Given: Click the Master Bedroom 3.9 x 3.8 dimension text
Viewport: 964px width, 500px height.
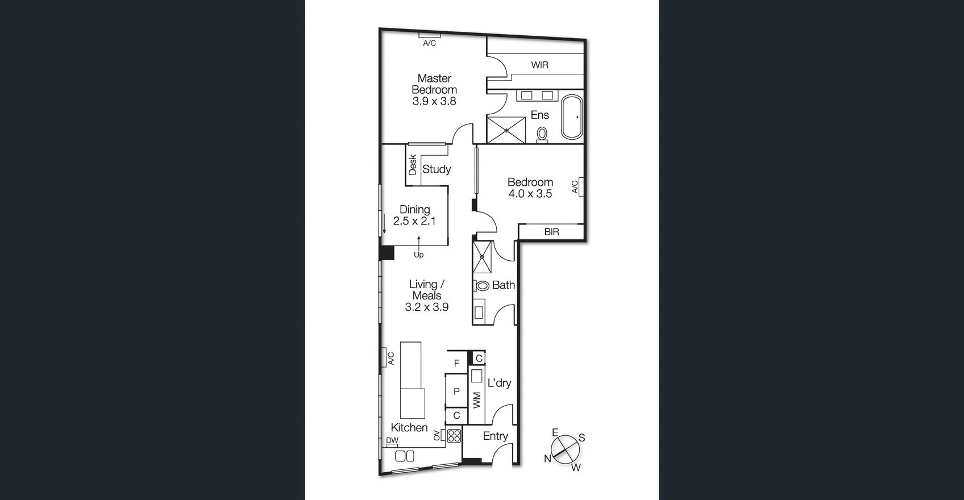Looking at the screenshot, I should pyautogui.click(x=434, y=102).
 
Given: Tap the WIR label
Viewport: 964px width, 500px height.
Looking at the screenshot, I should pyautogui.click(x=539, y=65).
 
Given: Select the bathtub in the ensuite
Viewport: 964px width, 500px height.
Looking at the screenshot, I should pyautogui.click(x=572, y=117).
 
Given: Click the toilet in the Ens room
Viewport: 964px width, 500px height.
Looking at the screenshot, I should pyautogui.click(x=542, y=134).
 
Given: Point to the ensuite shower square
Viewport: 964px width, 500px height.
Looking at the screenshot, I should pyautogui.click(x=506, y=130).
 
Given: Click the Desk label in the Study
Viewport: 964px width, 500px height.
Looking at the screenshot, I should pyautogui.click(x=413, y=165).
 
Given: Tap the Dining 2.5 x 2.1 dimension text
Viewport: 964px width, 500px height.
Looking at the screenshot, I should pyautogui.click(x=414, y=221).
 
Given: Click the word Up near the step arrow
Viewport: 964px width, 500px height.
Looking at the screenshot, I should pyautogui.click(x=418, y=255).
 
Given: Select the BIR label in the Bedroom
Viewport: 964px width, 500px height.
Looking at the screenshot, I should pyautogui.click(x=551, y=232).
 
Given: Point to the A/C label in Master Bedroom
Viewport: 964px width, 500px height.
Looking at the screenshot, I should pyautogui.click(x=429, y=43).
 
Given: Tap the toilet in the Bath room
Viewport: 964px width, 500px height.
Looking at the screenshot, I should pyautogui.click(x=483, y=286).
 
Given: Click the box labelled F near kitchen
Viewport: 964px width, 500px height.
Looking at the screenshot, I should pyautogui.click(x=456, y=363).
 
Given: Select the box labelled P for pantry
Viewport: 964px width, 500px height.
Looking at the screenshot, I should pyautogui.click(x=456, y=391).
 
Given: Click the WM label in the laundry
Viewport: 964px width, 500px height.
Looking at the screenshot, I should pyautogui.click(x=477, y=400).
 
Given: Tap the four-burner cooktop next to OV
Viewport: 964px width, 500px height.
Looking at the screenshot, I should pyautogui.click(x=454, y=436).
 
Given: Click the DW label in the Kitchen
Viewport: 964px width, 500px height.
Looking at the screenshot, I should pyautogui.click(x=392, y=440).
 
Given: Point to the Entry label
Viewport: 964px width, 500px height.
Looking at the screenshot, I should pyautogui.click(x=495, y=436).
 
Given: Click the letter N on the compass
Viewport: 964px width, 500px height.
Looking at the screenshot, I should pyautogui.click(x=547, y=459).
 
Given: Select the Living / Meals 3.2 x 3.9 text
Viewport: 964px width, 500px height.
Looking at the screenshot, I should pyautogui.click(x=426, y=307).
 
